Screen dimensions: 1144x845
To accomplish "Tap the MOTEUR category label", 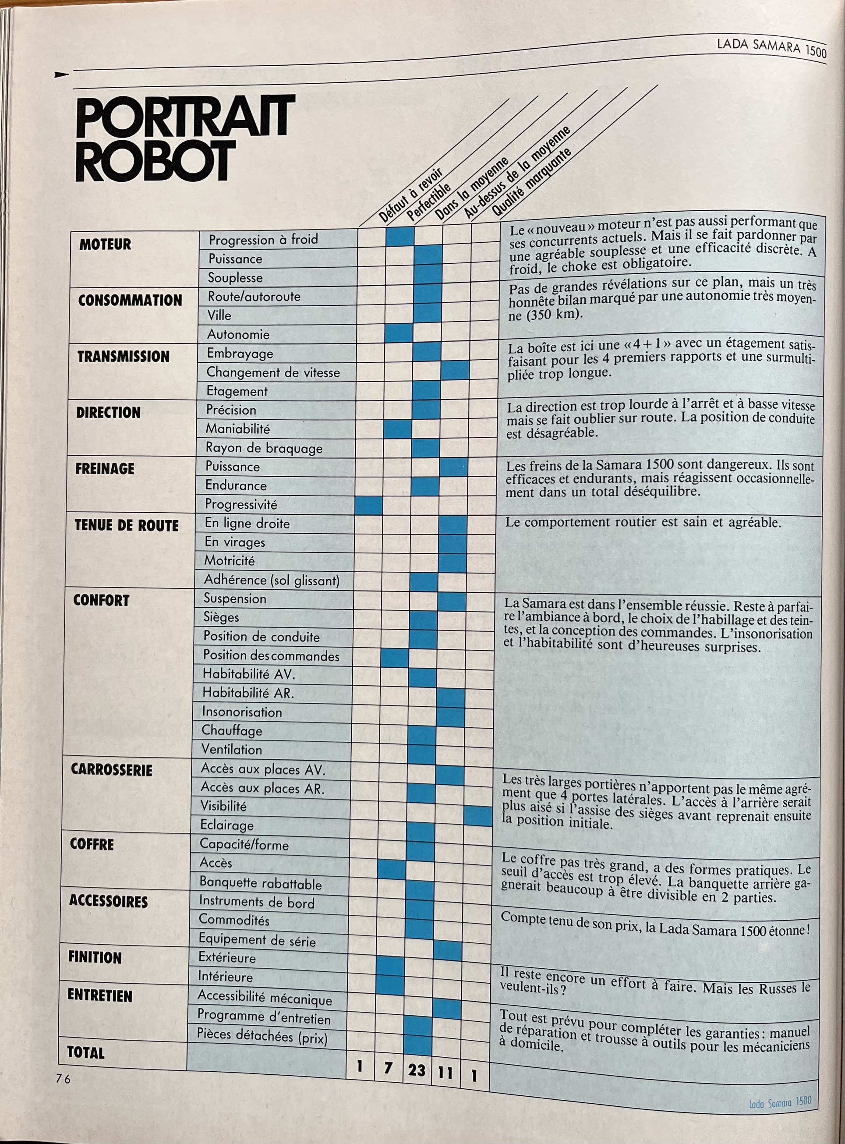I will click(x=105, y=244).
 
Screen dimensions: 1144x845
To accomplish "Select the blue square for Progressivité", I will click(x=369, y=505).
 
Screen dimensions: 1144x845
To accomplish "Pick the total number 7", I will click(x=388, y=1068).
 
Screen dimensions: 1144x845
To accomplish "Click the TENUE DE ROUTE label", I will click(x=126, y=525).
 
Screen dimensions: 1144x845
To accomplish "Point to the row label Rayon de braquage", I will click(x=264, y=448).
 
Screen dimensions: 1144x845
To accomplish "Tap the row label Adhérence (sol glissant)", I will click(x=272, y=580).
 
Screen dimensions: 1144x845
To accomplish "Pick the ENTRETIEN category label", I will click(x=100, y=995).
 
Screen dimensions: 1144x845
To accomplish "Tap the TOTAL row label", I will click(x=86, y=1053).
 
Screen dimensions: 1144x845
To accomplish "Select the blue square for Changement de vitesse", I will click(x=455, y=370).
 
